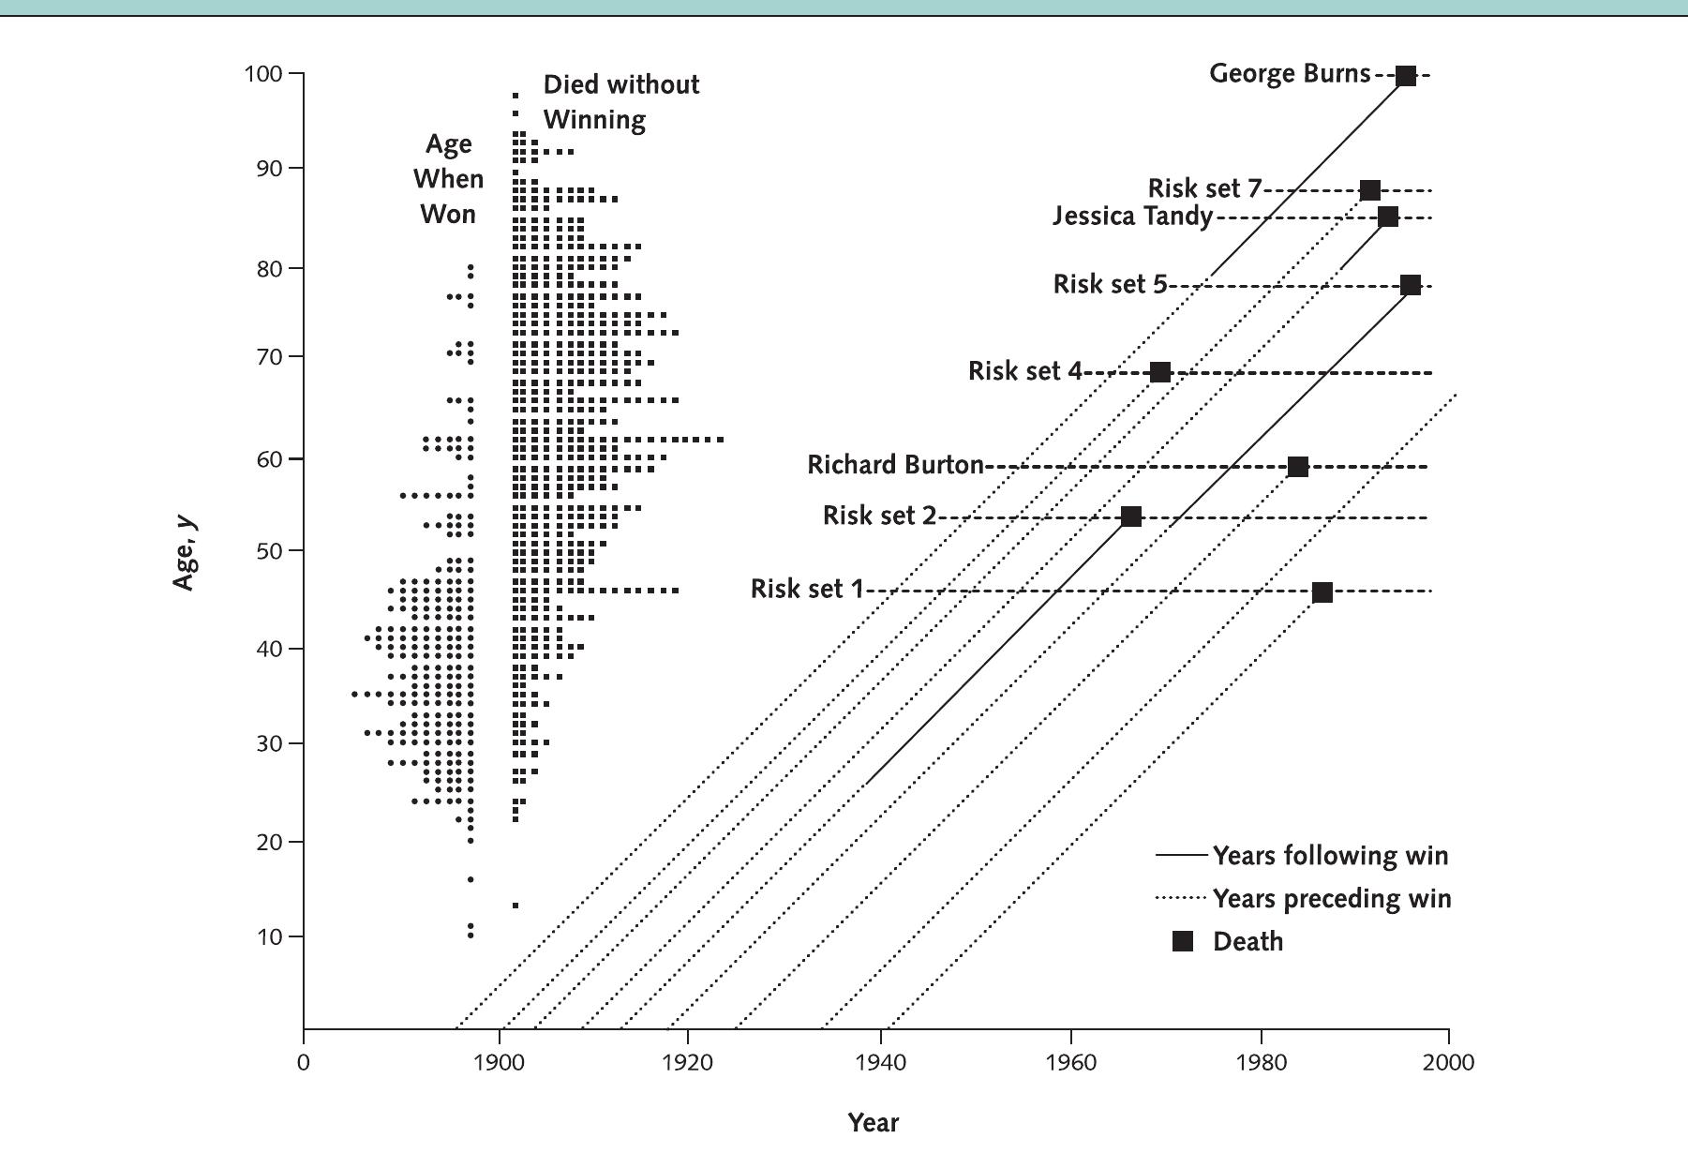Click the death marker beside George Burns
[1405, 76]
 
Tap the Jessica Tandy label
[1131, 217]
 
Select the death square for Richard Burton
[1297, 467]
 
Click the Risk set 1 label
[806, 589]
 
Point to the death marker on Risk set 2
[1131, 517]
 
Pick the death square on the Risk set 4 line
[1159, 372]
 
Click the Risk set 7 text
[1204, 188]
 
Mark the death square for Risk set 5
[1410, 285]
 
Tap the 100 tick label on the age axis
[263, 73]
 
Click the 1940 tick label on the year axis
[880, 1063]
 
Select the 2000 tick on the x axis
[1448, 1063]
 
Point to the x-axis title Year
[873, 1122]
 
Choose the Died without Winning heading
[620, 102]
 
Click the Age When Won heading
[448, 179]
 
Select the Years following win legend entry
[1329, 856]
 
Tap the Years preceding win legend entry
[1331, 899]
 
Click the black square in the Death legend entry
[1183, 941]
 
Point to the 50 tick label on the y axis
[269, 551]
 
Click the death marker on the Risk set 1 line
[1322, 592]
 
